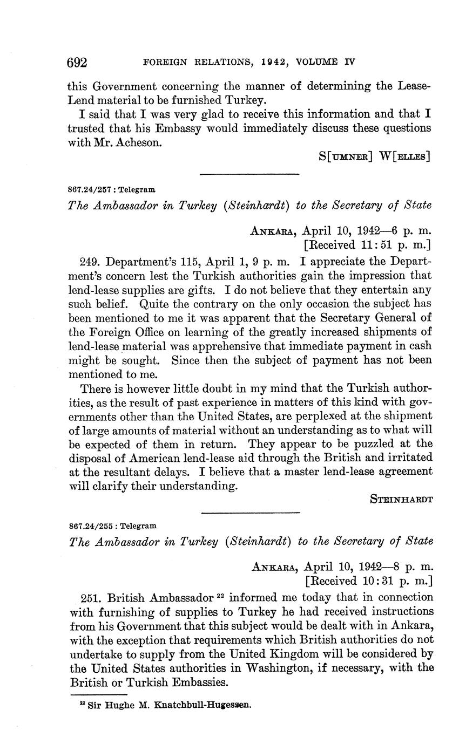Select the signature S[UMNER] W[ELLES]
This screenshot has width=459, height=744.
click(374, 156)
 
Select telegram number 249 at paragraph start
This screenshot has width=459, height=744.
click(89, 262)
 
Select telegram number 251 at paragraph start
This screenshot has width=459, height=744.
click(90, 598)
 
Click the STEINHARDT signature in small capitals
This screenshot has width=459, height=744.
click(401, 500)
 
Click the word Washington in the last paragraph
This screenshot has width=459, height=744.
click(281, 668)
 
